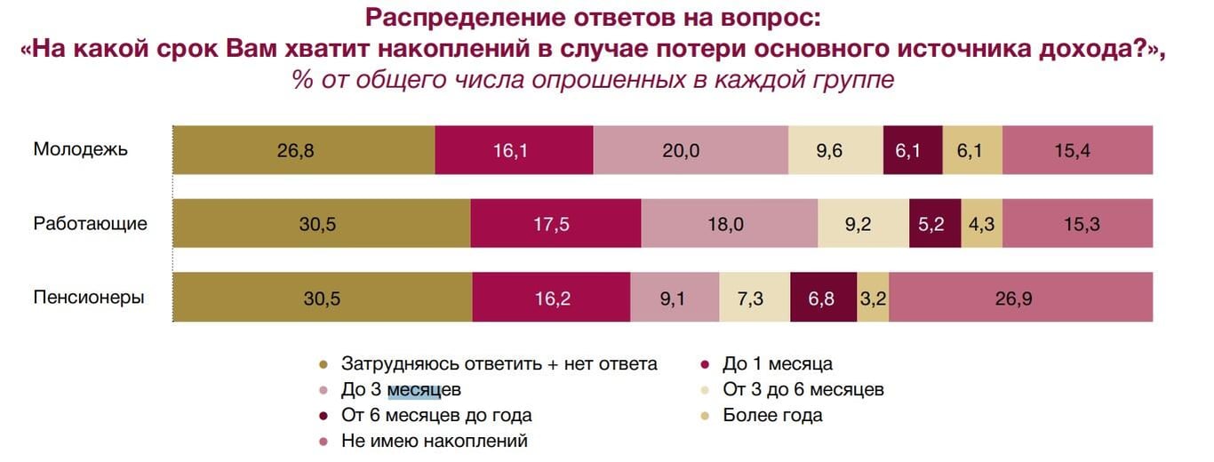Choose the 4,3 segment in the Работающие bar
[981, 224]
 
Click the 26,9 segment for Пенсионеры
[1021, 298]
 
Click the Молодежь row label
[81, 149]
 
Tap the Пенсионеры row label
[89, 297]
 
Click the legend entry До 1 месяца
[777, 363]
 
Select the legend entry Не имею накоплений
[434, 441]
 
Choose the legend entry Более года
[772, 415]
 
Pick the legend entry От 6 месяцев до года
[435, 415]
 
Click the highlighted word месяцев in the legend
[424, 390]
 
